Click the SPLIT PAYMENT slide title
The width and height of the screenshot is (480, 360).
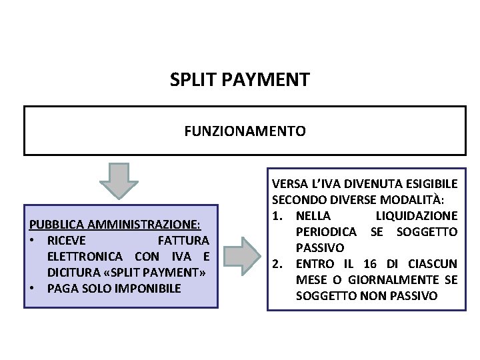[x=239, y=81]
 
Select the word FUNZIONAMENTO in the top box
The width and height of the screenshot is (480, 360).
[x=245, y=131]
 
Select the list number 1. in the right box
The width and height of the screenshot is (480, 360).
[x=279, y=215]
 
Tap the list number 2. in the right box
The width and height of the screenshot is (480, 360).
[x=279, y=263]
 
